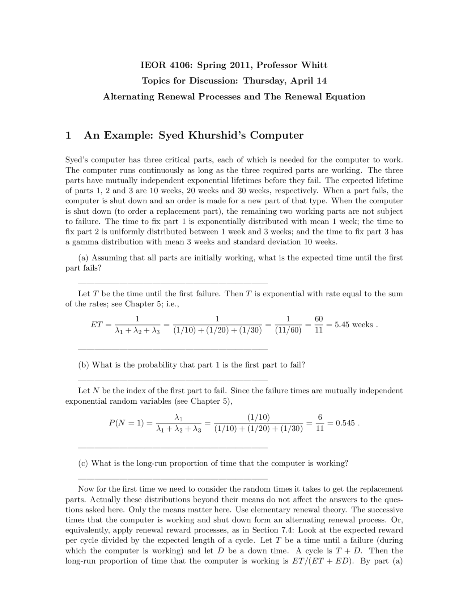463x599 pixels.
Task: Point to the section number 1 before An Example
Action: [x=68, y=135]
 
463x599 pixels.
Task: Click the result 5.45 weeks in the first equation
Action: [x=353, y=324]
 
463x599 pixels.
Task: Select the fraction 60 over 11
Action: [x=318, y=324]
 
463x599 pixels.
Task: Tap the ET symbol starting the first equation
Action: [x=96, y=324]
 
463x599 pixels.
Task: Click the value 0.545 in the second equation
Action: [x=345, y=423]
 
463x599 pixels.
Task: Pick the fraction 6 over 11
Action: [x=320, y=423]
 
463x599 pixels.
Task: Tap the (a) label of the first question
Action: [x=84, y=258]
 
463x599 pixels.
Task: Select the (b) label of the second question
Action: [x=84, y=365]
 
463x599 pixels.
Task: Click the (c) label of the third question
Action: [x=84, y=463]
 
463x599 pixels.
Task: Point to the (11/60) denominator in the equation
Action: [x=288, y=330]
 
